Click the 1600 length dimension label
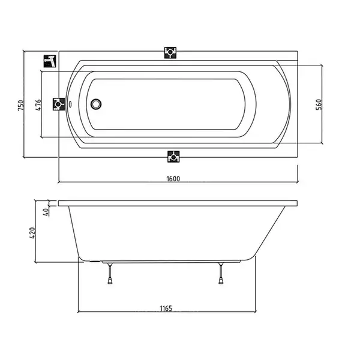[173, 178]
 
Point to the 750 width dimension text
[20, 106]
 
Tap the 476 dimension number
[38, 104]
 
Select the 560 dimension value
[319, 104]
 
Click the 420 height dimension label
[32, 233]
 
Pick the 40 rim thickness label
[46, 211]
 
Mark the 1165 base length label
[166, 308]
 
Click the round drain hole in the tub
[96, 104]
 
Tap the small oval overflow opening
[70, 104]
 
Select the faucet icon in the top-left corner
[50, 61]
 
